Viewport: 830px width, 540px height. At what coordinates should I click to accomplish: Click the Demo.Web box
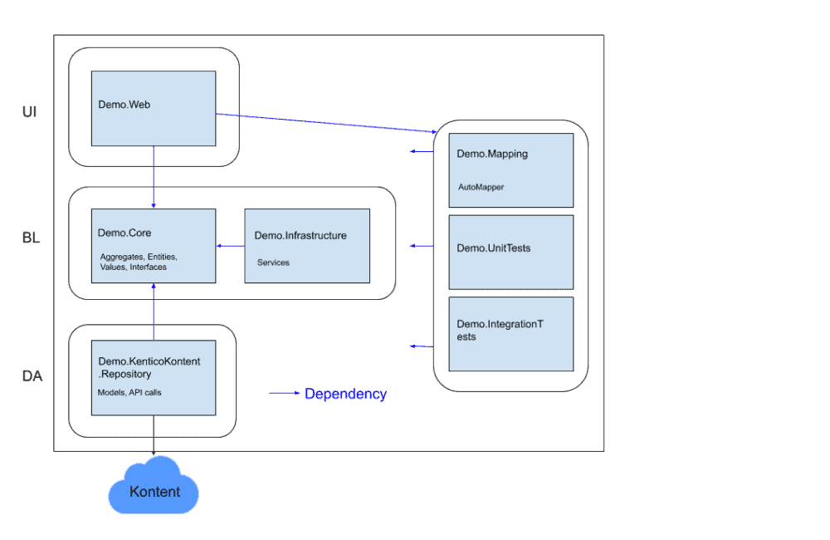tap(154, 109)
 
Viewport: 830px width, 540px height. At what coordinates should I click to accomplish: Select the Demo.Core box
tap(154, 246)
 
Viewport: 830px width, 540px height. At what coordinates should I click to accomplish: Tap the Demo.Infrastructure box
tap(307, 246)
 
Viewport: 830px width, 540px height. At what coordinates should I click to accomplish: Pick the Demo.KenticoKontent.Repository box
tap(154, 377)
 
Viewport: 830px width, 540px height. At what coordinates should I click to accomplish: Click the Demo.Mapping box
tap(511, 169)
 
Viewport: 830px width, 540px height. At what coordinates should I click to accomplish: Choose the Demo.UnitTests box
tap(511, 252)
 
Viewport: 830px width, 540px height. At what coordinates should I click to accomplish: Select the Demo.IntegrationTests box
tap(511, 334)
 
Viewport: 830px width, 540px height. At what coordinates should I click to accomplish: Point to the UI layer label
tap(29, 111)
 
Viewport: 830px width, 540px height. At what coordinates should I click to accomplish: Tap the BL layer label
tap(31, 238)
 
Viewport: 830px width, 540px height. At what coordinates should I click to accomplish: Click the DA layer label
tap(32, 376)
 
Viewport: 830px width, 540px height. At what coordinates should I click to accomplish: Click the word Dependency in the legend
tap(345, 395)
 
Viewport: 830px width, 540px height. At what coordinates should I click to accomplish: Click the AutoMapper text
tap(481, 187)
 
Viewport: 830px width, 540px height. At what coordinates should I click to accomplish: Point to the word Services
tap(273, 263)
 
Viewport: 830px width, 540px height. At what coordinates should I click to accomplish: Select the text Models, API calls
tap(129, 392)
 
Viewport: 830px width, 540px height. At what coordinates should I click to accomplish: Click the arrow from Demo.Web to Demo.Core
tap(154, 178)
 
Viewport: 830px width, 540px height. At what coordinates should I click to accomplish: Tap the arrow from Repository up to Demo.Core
tap(154, 312)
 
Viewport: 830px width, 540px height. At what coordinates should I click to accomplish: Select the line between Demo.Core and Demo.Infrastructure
tap(230, 246)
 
